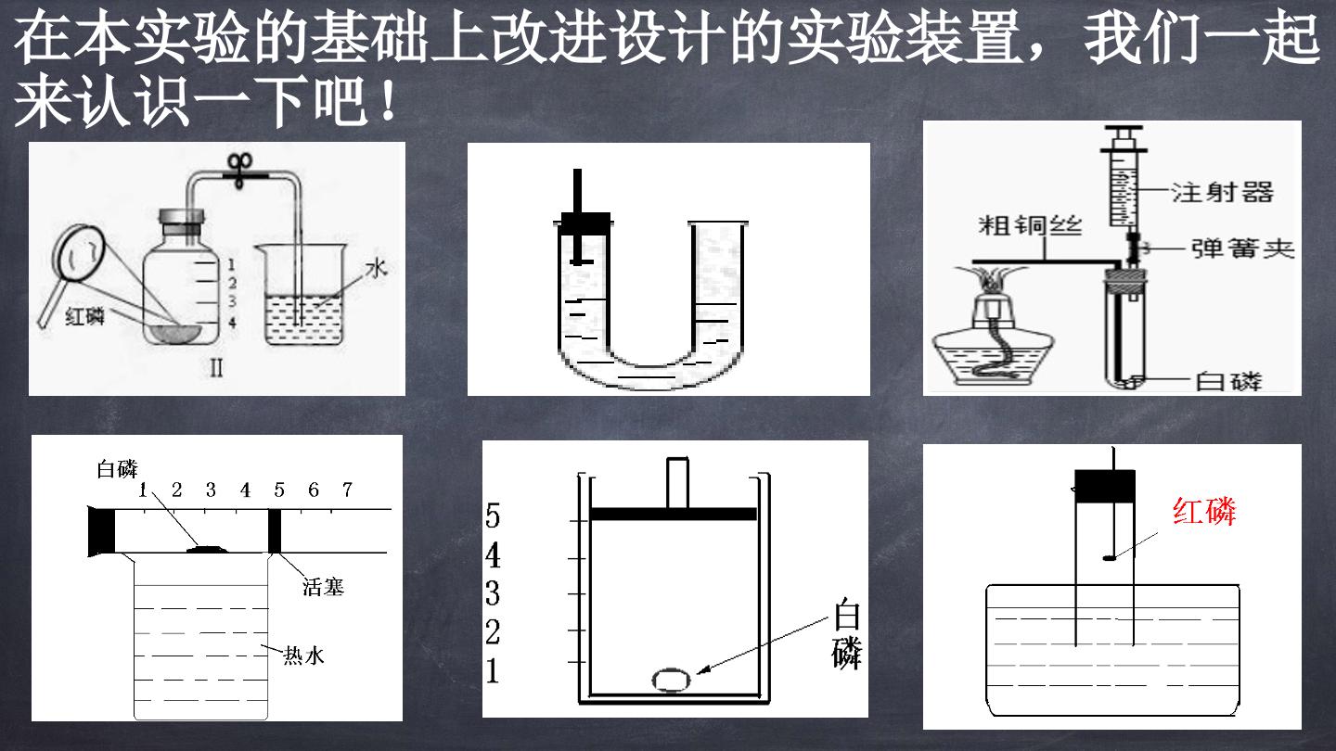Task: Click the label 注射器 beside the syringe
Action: pos(1223,193)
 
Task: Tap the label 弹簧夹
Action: pos(1243,248)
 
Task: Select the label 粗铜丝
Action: pos(1030,225)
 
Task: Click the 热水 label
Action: pos(303,656)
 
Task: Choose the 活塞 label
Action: pos(323,587)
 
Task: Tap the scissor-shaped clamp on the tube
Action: pos(240,171)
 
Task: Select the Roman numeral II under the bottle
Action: pos(216,368)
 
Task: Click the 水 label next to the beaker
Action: pos(377,269)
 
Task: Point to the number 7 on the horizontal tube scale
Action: pos(347,490)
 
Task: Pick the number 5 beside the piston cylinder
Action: pos(492,516)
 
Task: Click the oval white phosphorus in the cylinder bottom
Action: pos(672,681)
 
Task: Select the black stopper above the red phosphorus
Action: pos(1105,487)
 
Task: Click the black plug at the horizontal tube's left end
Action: pos(101,530)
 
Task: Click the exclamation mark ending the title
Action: pos(388,100)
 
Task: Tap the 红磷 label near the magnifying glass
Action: pos(84,316)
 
